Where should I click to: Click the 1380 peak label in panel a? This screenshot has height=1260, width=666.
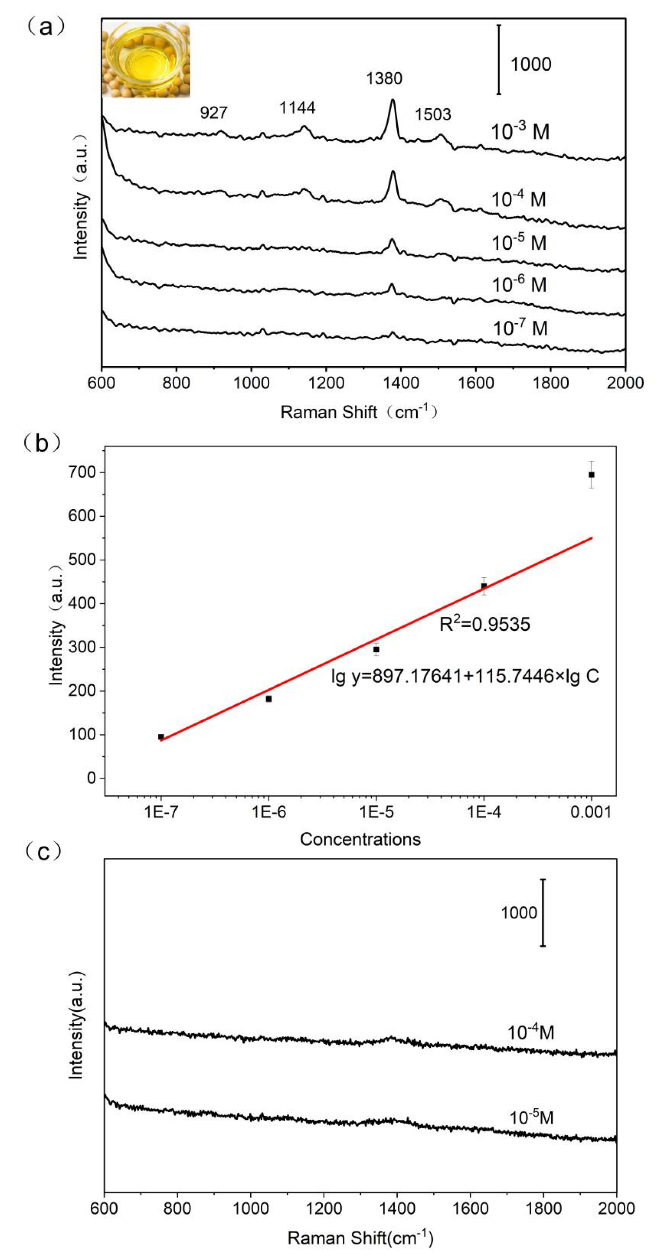[x=384, y=78]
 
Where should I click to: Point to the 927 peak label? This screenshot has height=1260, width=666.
[x=214, y=113]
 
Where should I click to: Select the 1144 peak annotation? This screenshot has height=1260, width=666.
[x=297, y=107]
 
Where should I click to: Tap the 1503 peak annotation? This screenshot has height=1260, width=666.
[x=433, y=115]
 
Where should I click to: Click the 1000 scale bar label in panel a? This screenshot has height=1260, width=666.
[x=530, y=64]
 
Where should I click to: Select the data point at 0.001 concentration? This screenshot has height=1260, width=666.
[x=591, y=474]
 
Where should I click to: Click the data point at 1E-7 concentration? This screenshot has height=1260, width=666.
[x=161, y=737]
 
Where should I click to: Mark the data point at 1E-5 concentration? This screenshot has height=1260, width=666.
[x=376, y=650]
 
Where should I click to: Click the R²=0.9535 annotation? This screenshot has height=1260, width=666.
[x=485, y=625]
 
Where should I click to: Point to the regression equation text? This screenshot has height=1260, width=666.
[x=465, y=676]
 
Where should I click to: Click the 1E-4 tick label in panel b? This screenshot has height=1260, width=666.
[x=483, y=813]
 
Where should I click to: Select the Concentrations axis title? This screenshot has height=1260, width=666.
[x=360, y=839]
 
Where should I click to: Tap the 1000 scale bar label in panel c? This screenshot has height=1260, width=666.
[x=518, y=913]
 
